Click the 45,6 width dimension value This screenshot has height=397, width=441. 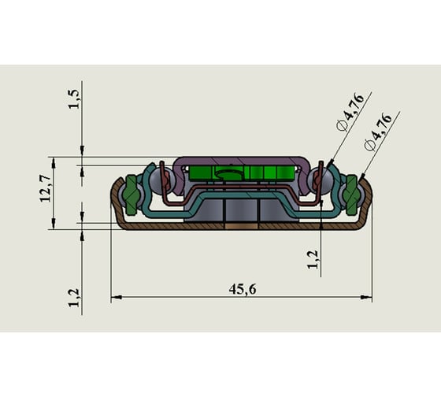pos(243,289)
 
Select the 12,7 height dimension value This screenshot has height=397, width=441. pos(46,188)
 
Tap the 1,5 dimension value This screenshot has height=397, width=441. pos(74,99)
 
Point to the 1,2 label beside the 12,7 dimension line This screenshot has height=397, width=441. pos(74,298)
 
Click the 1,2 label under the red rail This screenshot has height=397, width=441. pos(312,259)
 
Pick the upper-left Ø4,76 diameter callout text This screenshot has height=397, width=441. pos(350,112)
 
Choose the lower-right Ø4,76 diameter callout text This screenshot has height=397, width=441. pos(378,132)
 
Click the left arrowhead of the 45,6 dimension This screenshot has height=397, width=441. pos(117,297)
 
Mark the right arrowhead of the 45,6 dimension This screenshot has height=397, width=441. pos(366,297)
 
